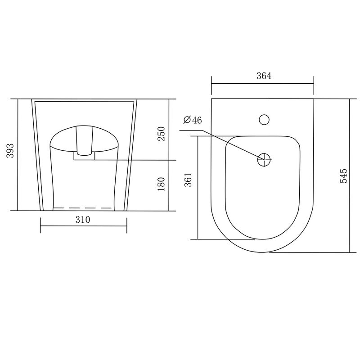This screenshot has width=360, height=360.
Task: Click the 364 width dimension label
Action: click(x=264, y=76)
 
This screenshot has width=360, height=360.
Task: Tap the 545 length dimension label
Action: click(x=343, y=176)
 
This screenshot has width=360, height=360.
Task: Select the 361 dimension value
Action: click(x=188, y=180)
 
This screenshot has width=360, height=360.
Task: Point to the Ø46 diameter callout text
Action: click(x=193, y=120)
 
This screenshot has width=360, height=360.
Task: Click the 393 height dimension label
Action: click(x=10, y=151)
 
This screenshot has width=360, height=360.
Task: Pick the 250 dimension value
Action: click(x=161, y=134)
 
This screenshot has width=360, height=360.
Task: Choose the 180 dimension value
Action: click(x=161, y=184)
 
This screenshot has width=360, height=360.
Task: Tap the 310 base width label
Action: click(x=83, y=220)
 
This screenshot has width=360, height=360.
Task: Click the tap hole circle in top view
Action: click(x=264, y=120)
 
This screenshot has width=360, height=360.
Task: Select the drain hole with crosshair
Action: click(x=264, y=160)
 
